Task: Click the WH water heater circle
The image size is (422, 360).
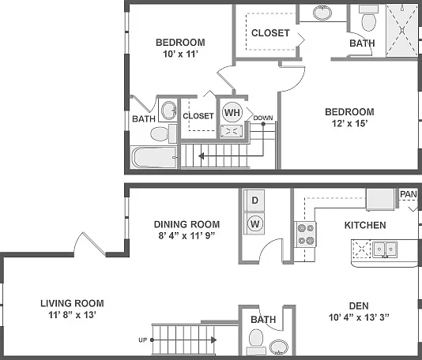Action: click(232, 112)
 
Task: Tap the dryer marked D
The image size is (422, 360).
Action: click(254, 201)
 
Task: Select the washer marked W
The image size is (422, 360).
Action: click(254, 223)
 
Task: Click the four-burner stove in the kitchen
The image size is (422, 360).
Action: click(306, 234)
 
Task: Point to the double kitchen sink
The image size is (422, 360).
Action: click(385, 249)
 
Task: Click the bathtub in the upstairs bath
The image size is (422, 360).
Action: click(153, 157)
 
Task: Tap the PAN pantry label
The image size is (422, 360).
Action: click(409, 194)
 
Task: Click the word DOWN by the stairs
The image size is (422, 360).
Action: click(263, 118)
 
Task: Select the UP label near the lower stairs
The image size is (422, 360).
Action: click(142, 340)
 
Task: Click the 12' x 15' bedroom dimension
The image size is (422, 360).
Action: click(349, 123)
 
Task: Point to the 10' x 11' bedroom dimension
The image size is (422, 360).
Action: click(180, 54)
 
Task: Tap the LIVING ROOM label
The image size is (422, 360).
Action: click(72, 303)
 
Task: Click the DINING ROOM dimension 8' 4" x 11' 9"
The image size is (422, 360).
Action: click(187, 236)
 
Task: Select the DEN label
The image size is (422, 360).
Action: click(359, 306)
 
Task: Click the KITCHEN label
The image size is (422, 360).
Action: click(365, 225)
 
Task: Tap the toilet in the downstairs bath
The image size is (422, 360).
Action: click(256, 342)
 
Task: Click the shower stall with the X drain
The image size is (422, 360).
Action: click(402, 30)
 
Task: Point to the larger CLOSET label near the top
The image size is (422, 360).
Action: click(270, 33)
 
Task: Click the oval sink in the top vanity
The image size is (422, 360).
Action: click(322, 13)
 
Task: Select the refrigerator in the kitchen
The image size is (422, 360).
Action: click(380, 200)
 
